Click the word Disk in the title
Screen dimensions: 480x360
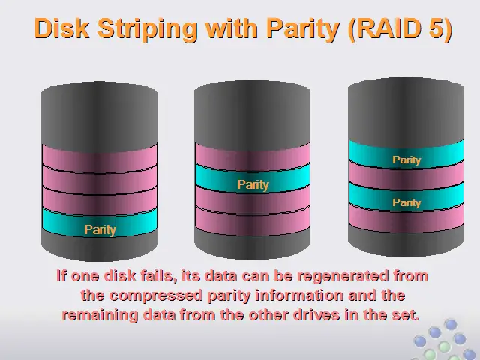pyautogui.click(x=61, y=28)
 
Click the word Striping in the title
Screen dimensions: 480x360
pyautogui.click(x=147, y=30)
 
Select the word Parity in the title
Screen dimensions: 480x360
pyautogui.click(x=302, y=30)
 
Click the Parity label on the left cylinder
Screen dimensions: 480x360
pyautogui.click(x=100, y=230)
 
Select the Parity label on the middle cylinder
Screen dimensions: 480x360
pyautogui.click(x=253, y=185)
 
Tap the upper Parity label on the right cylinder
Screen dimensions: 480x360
pyautogui.click(x=406, y=160)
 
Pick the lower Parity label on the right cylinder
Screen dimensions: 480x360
pyautogui.click(x=406, y=202)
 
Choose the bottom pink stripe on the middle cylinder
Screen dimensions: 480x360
pyautogui.click(x=253, y=222)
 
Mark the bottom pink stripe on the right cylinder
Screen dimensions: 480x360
pyautogui.click(x=406, y=219)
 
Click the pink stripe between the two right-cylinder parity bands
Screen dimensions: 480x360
pyautogui.click(x=406, y=176)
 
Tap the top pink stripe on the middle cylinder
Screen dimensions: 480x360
pyautogui.click(x=253, y=157)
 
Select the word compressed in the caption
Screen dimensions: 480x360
pyautogui.click(x=156, y=296)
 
